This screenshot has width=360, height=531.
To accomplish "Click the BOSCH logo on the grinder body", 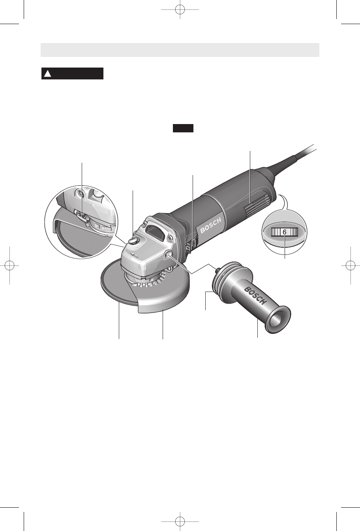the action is [211, 226].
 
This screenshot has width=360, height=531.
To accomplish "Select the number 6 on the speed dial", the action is [285, 232].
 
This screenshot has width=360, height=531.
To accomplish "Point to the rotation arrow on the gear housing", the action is [134, 255].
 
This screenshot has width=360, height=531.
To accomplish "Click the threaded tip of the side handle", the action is [216, 269].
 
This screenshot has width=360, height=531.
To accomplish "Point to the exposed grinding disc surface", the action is [116, 285].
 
